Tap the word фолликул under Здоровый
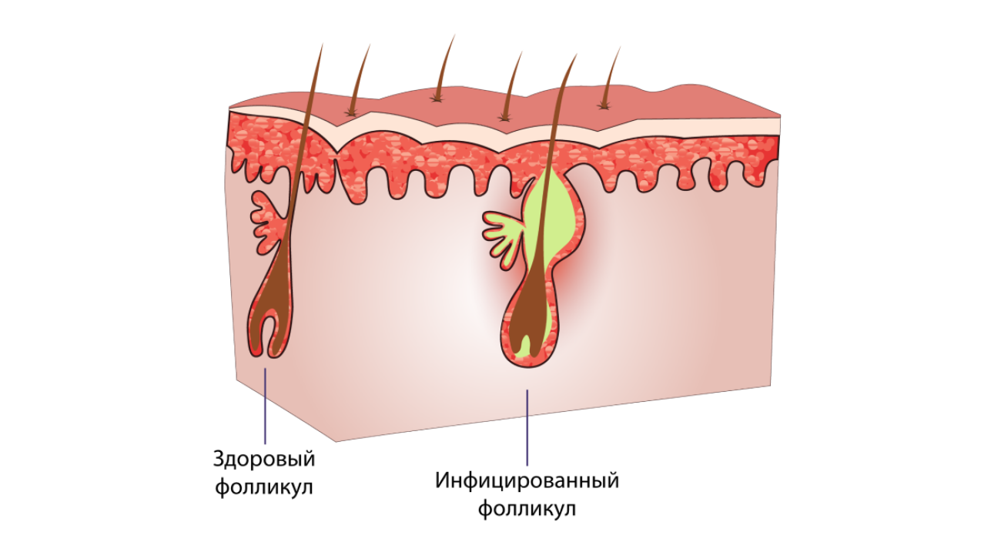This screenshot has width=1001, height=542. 264,487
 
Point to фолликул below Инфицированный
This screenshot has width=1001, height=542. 527,508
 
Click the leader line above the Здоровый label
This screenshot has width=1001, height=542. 265,406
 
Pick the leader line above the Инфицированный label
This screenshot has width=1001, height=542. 527,427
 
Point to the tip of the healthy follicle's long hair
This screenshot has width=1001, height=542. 322,44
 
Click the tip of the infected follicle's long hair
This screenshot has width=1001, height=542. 577,55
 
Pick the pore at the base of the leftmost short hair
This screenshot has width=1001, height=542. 352,113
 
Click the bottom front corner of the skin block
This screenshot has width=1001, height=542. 336,442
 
